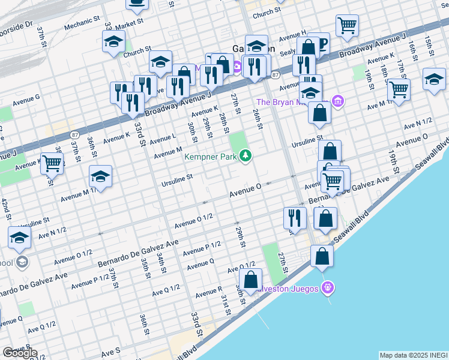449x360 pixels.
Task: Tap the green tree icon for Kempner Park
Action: pyautogui.click(x=245, y=156)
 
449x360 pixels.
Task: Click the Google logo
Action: pyautogui.click(x=20, y=353)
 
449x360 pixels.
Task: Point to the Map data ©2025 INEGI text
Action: pyautogui.click(x=413, y=355)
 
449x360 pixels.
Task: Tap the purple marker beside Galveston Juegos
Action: pyautogui.click(x=327, y=287)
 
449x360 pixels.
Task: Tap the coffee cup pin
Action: pyautogui.click(x=137, y=3)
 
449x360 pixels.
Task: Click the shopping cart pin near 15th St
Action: pyautogui.click(x=347, y=26)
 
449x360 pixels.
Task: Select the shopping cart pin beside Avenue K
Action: pyautogui.click(x=52, y=163)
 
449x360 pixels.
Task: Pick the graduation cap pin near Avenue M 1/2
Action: pyautogui.click(x=100, y=176)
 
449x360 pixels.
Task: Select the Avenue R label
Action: pyautogui.click(x=208, y=292)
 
